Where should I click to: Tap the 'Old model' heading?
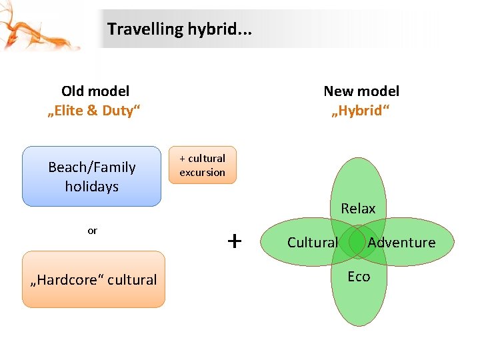95,91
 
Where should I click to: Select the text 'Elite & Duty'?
95,111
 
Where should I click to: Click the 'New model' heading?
361,91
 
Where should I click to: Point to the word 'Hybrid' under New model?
361,111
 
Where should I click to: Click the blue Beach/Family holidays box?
92,176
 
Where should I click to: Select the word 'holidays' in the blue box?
92,187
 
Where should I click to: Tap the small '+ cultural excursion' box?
203,165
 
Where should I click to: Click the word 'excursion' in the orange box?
203,172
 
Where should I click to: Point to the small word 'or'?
92,231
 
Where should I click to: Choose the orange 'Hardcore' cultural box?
93,279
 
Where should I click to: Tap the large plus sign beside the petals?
234,241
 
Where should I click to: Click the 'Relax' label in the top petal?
358,209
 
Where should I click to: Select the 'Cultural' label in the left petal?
313,243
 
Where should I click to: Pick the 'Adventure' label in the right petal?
401,243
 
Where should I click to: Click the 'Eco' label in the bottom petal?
359,276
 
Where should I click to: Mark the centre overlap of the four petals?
358,241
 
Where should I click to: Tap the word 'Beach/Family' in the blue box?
92,167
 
